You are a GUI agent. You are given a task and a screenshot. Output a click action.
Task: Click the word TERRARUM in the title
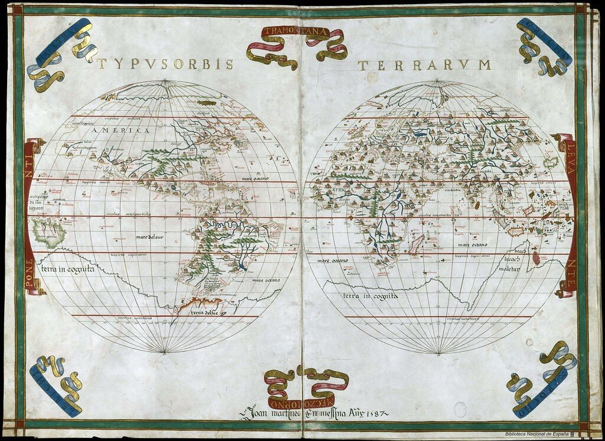424,66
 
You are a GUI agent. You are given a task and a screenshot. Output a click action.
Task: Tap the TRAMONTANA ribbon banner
296,32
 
